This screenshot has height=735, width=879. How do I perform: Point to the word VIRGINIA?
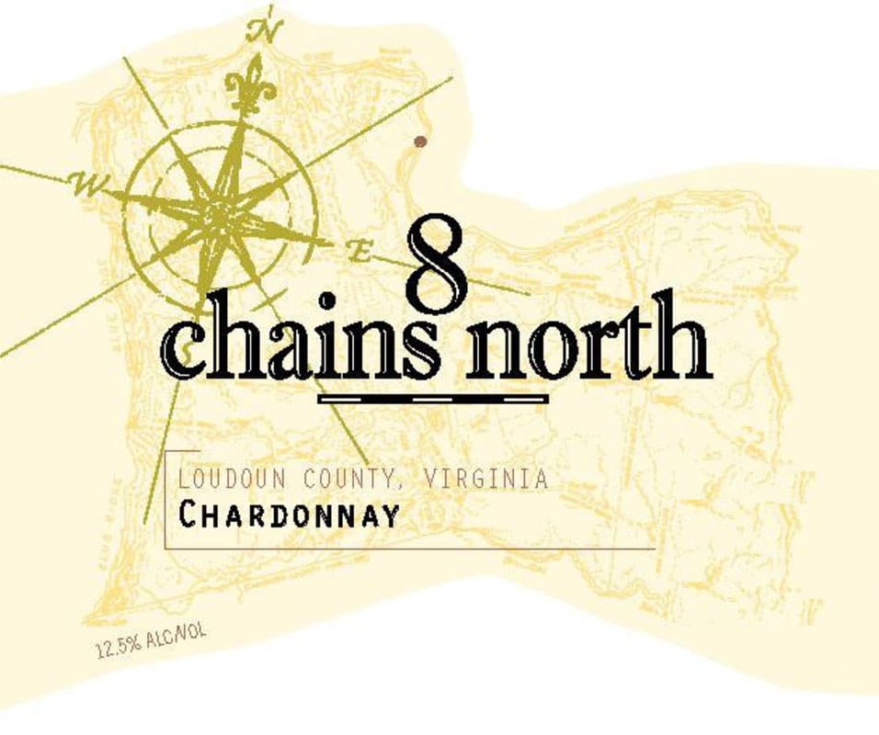pos(487,479)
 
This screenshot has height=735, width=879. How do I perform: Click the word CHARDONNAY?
pos(290,515)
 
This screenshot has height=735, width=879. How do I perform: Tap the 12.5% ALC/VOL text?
pos(152,641)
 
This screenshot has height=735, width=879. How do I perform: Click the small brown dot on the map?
pos(420,141)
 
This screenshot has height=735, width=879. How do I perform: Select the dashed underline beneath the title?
pos(432,399)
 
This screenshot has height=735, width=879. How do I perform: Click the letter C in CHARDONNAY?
pos(188,514)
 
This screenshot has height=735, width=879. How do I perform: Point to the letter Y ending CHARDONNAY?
pos(392,515)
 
